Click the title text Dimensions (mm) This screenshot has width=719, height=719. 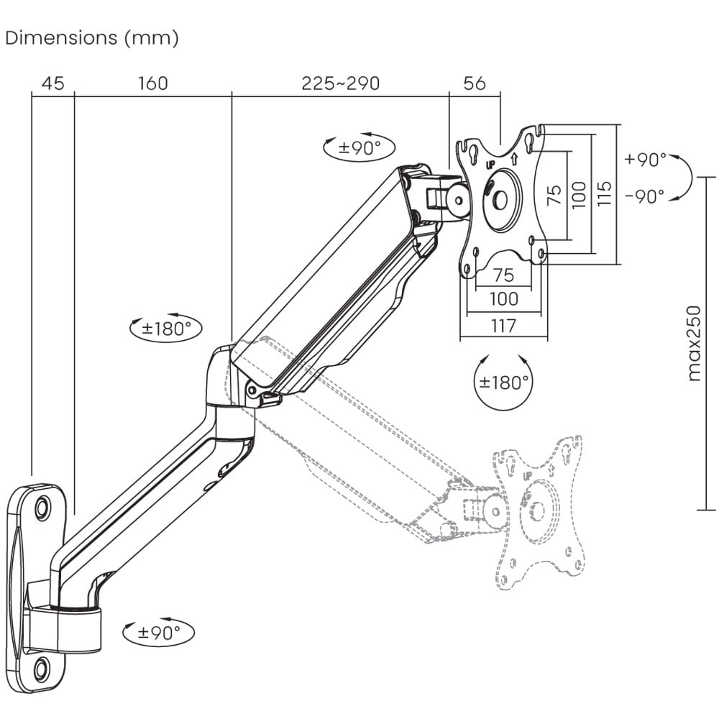(91, 38)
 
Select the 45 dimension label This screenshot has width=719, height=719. (52, 83)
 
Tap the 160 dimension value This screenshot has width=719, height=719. (152, 83)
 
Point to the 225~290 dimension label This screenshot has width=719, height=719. (340, 83)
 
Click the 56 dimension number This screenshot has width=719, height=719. (474, 83)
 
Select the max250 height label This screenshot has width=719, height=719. (693, 343)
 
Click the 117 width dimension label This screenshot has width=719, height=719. (503, 326)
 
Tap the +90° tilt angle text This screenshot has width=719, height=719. (645, 160)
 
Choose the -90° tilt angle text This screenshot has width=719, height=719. (645, 196)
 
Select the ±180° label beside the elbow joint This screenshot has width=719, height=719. (166, 329)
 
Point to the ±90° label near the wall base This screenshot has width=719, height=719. (159, 633)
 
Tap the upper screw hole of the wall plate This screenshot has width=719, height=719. (42, 507)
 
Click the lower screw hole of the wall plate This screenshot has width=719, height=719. (40, 669)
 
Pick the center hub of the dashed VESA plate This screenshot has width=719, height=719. (536, 510)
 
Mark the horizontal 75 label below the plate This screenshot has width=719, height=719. (503, 275)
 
